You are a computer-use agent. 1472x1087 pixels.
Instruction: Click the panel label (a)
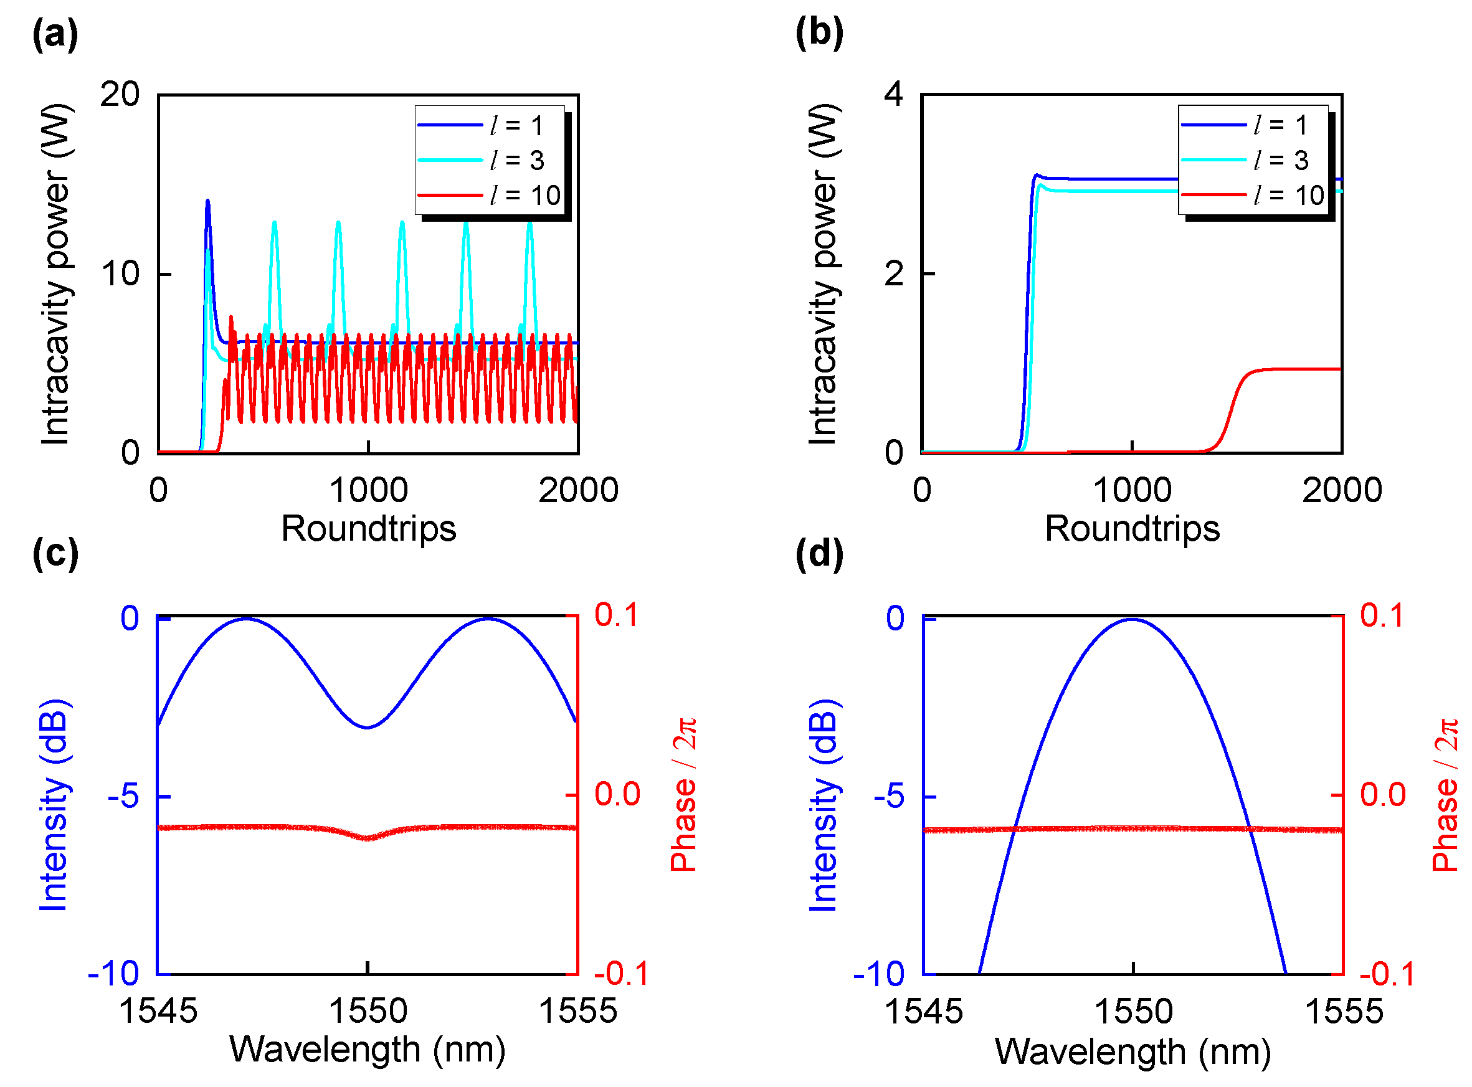tap(55, 34)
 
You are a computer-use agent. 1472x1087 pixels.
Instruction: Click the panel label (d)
tap(819, 553)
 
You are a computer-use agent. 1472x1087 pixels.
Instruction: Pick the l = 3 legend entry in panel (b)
tap(1253, 160)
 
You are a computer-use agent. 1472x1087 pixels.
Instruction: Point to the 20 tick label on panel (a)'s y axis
tap(120, 95)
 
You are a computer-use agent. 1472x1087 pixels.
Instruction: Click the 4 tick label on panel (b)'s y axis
tap(893, 95)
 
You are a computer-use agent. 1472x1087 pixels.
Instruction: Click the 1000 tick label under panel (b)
tap(1132, 491)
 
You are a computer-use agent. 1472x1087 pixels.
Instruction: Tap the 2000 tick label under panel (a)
tap(579, 491)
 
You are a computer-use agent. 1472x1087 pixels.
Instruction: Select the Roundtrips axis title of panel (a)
tap(369, 529)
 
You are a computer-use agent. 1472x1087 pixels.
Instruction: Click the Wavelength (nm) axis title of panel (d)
tap(1132, 1051)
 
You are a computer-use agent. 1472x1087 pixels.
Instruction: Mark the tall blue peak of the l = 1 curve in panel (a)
tap(208, 201)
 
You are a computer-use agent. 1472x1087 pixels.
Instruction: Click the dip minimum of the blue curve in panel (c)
tap(368, 728)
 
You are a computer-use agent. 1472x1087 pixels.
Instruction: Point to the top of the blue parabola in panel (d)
tap(1132, 620)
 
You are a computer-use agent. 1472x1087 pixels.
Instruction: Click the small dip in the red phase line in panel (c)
tap(368, 838)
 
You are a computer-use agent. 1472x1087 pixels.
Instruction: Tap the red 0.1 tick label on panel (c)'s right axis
tap(617, 615)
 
